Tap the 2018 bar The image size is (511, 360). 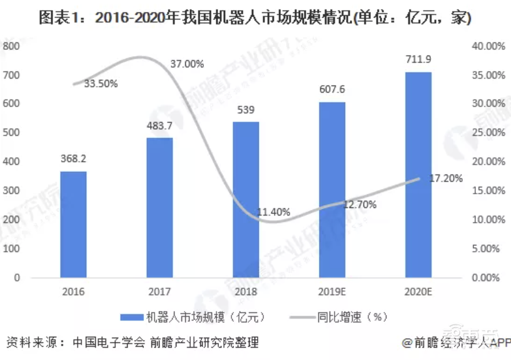pos(246,199)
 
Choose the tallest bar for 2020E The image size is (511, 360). pos(418,174)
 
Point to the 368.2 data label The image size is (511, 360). pos(73,159)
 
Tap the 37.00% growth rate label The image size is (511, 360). pos(187,64)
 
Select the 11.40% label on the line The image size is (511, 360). pos(273,212)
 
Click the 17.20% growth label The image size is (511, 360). pos(445,179)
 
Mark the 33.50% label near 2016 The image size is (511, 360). pos(100,84)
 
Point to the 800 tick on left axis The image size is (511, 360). pos(12,46)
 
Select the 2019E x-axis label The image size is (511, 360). pos(332,291)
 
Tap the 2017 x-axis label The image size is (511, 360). pos(159,291)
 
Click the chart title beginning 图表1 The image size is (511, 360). pos(255,18)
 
